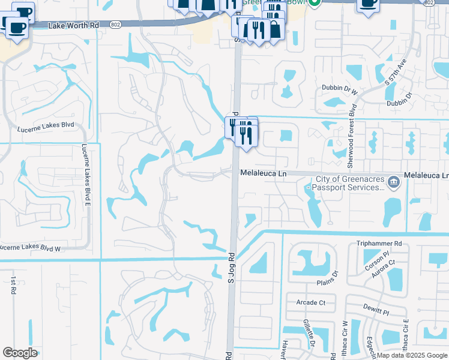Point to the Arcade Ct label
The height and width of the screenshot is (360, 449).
coord(310,302)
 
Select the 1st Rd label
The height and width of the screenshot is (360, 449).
coord(13,286)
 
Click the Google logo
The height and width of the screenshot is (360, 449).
coord(20,353)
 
